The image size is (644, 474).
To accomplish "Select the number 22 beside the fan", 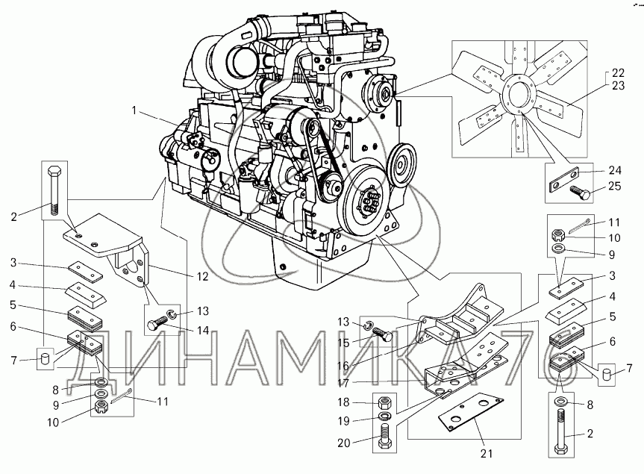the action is pyautogui.click(x=617, y=72).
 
